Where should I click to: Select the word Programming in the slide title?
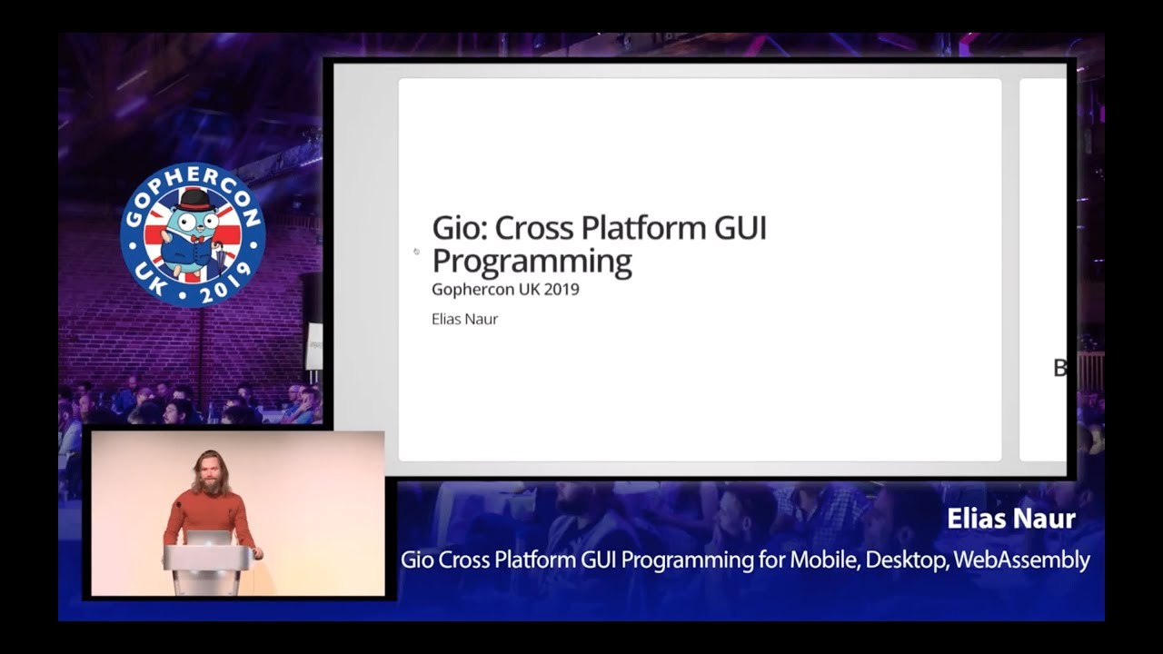(x=532, y=261)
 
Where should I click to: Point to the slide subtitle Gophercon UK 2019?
(x=505, y=289)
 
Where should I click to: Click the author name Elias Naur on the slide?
(x=464, y=319)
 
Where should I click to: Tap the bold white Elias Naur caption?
(x=1011, y=519)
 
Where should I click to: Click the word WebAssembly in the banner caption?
(x=1021, y=560)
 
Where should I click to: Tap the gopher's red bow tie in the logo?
(x=196, y=239)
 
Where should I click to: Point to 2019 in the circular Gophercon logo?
(x=224, y=286)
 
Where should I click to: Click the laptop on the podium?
(x=208, y=538)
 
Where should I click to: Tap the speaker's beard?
(x=210, y=486)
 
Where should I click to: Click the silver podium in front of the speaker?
(x=208, y=570)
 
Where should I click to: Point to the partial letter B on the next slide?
(x=1059, y=368)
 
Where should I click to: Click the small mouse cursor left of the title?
(x=416, y=252)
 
